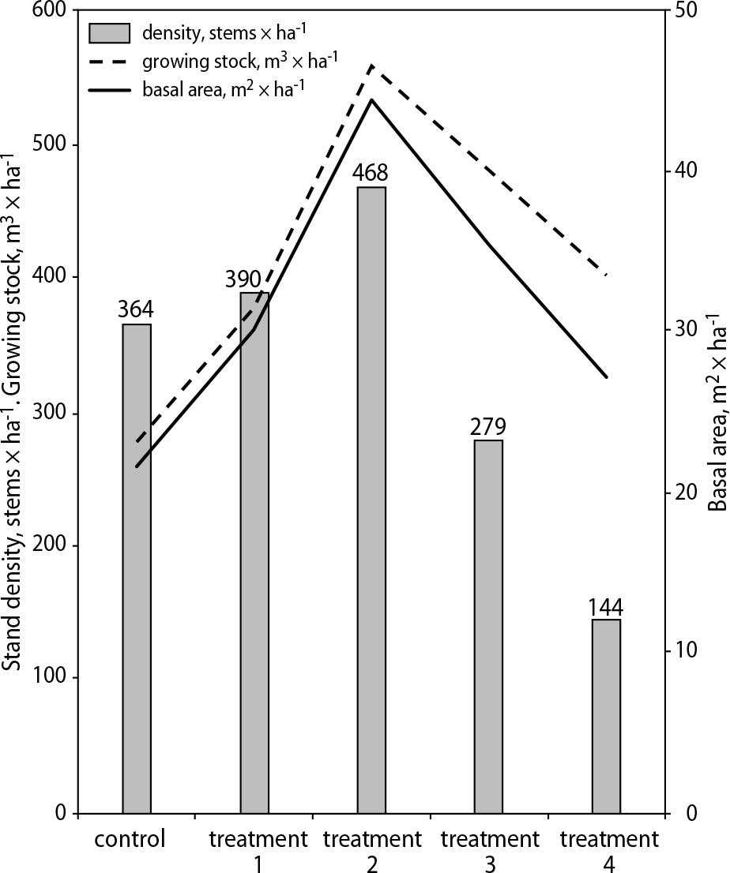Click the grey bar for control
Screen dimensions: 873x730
click(137, 568)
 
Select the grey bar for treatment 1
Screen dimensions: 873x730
click(254, 553)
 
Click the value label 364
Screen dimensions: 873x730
click(136, 309)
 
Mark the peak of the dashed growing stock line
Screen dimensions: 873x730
click(371, 66)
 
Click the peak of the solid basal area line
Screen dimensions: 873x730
click(371, 100)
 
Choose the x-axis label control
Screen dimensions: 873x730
click(130, 838)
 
